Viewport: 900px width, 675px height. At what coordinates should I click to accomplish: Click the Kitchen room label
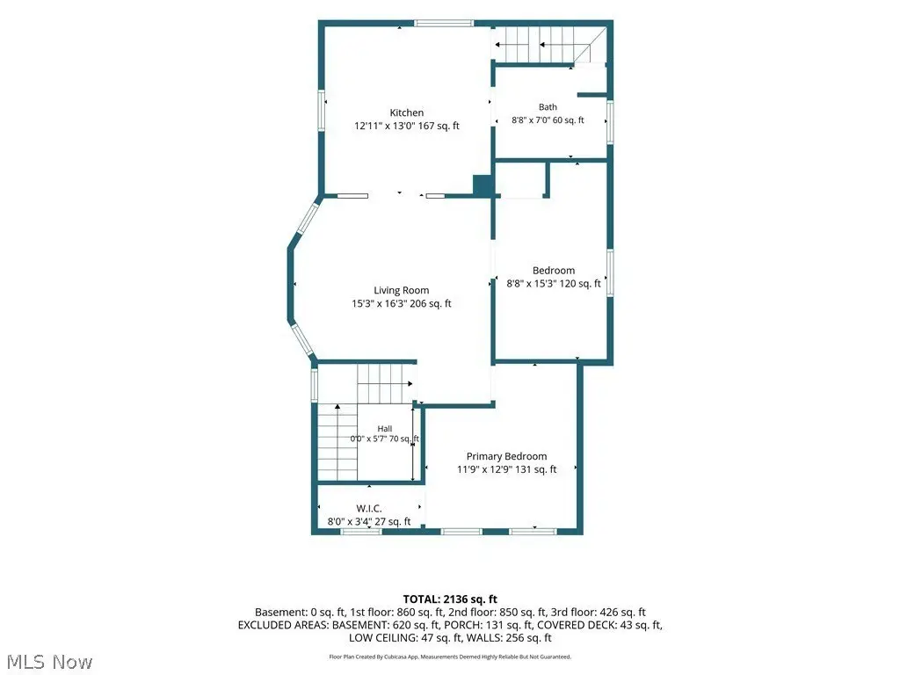tap(406, 112)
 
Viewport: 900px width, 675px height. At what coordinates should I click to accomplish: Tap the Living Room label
tap(401, 290)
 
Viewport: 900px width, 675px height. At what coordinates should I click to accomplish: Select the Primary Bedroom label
tap(506, 456)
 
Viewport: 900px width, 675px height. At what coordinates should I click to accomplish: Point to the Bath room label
tap(548, 106)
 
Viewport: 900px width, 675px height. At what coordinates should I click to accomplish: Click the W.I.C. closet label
tap(369, 509)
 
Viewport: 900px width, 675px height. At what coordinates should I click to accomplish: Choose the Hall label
tap(385, 429)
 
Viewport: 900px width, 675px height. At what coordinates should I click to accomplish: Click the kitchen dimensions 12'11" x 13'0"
tap(385, 126)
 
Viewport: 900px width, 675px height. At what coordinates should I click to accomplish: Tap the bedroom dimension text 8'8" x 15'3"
tap(532, 284)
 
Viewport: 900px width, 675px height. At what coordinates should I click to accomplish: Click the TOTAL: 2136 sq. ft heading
tap(450, 599)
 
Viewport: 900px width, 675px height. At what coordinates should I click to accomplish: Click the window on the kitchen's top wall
tap(444, 24)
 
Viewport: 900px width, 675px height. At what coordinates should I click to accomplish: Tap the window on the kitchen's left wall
tap(322, 111)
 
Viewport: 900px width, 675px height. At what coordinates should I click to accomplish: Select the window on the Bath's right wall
tap(610, 122)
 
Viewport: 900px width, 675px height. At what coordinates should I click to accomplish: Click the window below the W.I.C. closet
tap(361, 532)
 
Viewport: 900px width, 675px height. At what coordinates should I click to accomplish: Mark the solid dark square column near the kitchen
tap(483, 185)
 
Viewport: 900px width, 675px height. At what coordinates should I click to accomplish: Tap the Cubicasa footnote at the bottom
tap(450, 657)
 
